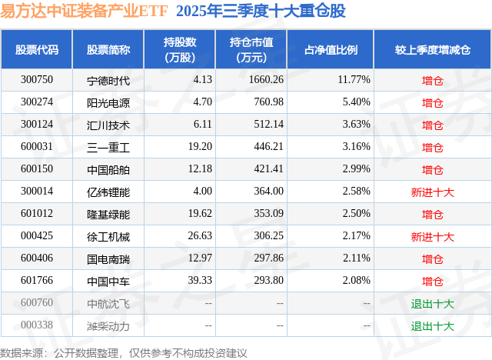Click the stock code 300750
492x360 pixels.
point(37,79)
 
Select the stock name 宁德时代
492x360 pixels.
point(108,80)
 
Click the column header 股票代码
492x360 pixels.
point(37,50)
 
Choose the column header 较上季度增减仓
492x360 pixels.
point(433,50)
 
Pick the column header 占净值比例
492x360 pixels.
point(336,50)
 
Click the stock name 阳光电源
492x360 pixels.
point(108,102)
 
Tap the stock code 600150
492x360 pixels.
point(37,168)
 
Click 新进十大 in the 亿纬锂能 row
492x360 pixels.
point(433,192)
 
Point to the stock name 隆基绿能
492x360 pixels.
point(108,214)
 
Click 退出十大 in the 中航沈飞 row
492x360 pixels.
point(433,304)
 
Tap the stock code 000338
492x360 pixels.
point(37,325)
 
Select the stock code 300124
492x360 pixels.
point(37,124)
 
